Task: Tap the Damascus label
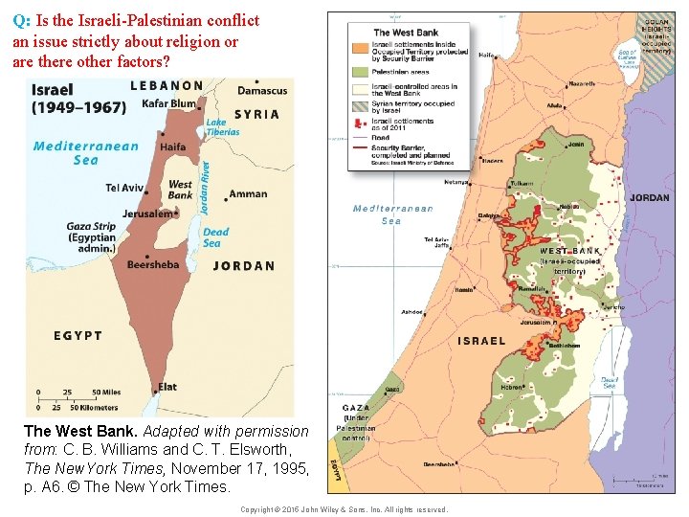261,91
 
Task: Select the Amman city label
248,194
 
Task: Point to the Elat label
167,387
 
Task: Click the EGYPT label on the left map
65,335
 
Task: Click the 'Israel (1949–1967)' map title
78,99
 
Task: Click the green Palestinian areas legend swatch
360,71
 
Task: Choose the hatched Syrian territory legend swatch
360,105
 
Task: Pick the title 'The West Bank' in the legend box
406,32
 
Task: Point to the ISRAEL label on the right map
481,341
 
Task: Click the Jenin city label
575,146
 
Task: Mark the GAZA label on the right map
356,408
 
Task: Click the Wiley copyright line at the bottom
344,509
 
